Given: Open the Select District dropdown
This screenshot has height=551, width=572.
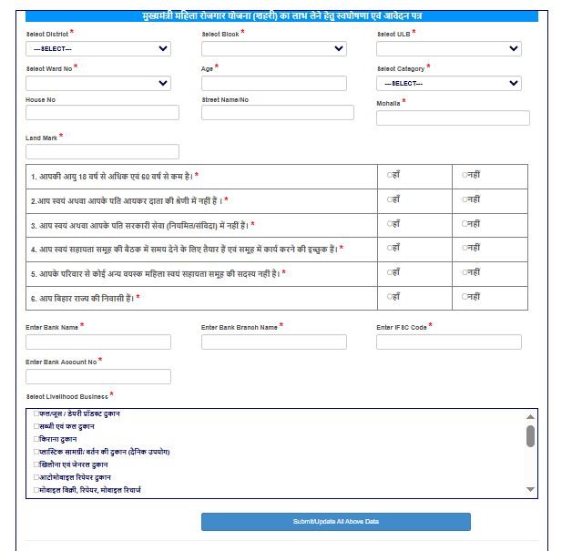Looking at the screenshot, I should [97, 49].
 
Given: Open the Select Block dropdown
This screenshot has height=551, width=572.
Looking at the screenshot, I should [273, 49].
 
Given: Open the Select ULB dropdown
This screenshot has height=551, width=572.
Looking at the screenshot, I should [448, 49].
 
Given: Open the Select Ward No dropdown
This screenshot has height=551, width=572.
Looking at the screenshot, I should [97, 83].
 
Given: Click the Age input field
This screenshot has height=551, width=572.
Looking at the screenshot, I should [273, 83].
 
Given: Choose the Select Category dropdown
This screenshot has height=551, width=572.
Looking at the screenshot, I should [448, 83].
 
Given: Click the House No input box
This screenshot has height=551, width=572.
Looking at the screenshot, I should [102, 113].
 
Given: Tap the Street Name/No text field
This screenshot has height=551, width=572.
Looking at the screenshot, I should [277, 113].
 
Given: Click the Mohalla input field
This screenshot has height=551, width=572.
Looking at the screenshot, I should [452, 117].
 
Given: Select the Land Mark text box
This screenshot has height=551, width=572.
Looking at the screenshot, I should [102, 151].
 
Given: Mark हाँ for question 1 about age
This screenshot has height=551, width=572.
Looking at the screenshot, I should [390, 174].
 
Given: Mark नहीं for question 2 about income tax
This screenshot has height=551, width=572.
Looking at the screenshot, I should [465, 199].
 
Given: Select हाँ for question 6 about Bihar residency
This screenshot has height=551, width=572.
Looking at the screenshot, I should [390, 297].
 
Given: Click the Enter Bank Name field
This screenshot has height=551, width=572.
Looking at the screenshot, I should [97, 342].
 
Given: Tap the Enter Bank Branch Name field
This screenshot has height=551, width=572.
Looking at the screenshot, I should [273, 342].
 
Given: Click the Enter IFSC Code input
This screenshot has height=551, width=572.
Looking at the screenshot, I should [448, 342].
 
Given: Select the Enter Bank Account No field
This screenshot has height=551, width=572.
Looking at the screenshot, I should [97, 376].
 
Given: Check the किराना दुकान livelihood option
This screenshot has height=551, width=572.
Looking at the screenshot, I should [36, 439].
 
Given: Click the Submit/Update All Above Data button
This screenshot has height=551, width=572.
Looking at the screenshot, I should [335, 522].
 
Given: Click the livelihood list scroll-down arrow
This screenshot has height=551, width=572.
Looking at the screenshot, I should [530, 490].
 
